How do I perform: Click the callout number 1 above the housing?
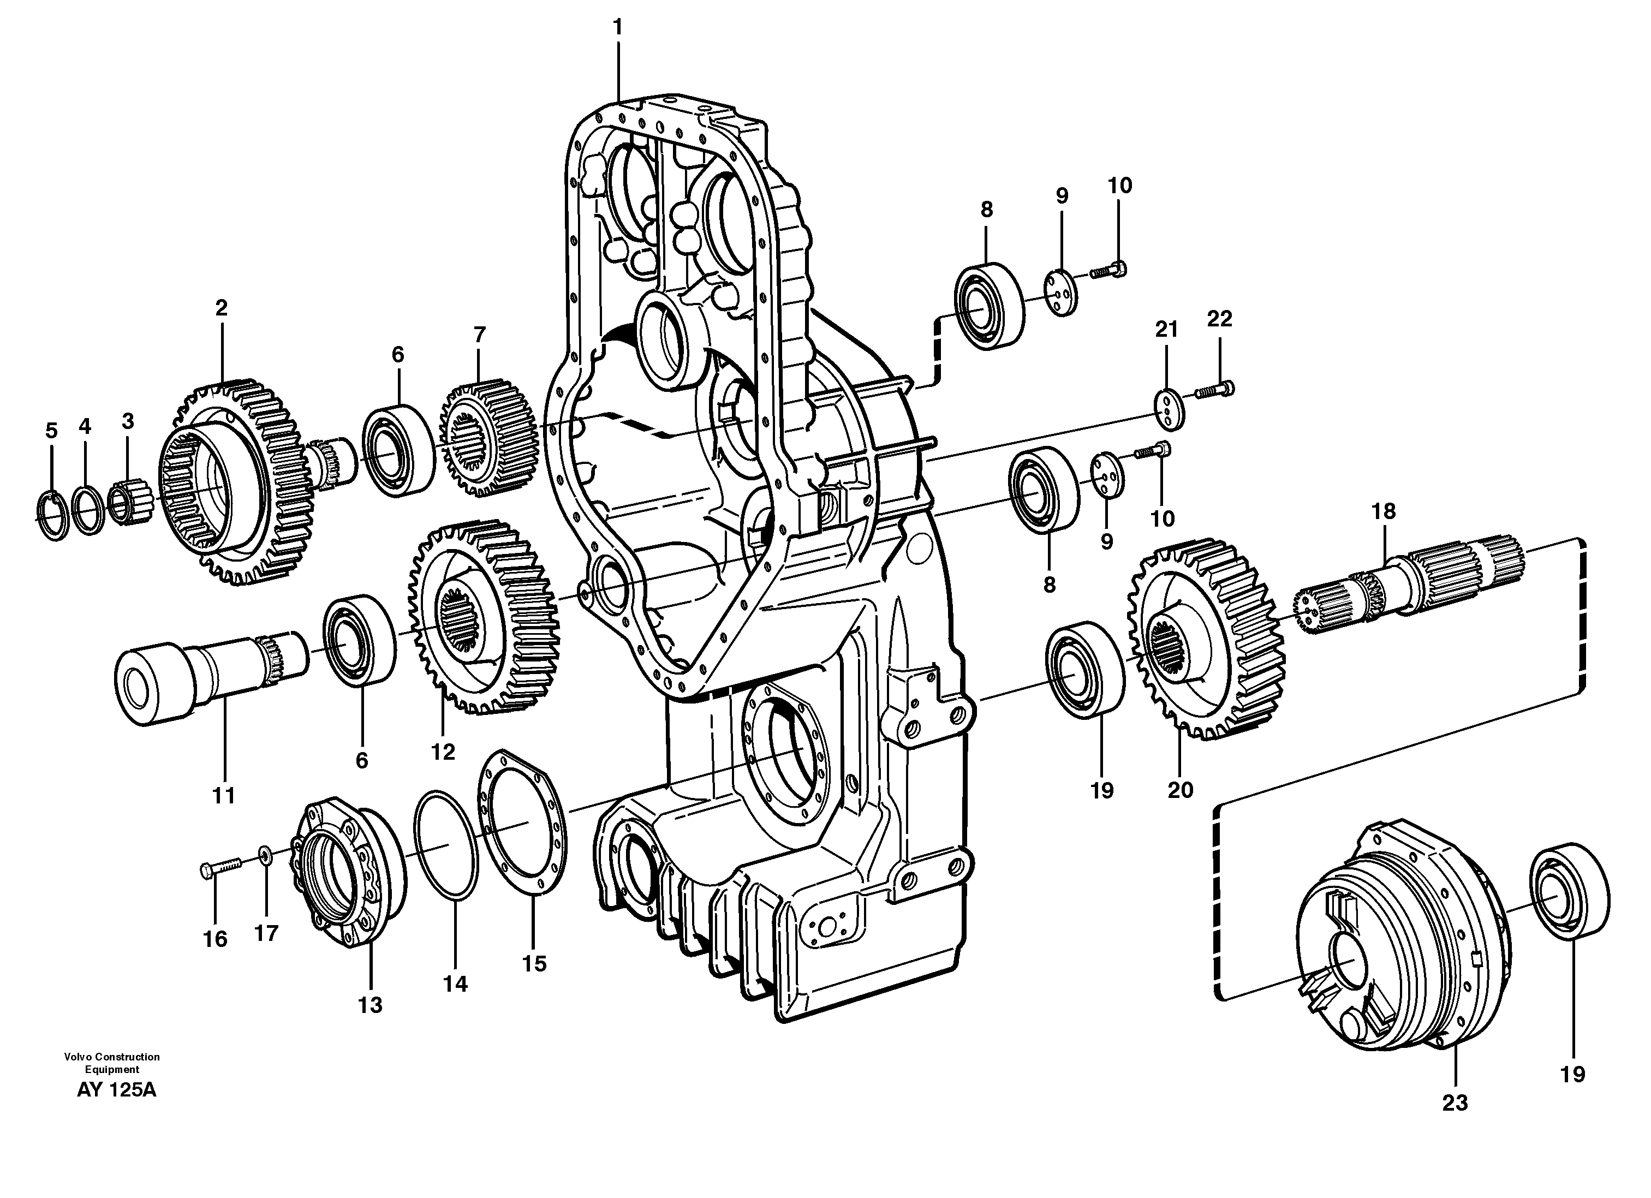[617, 28]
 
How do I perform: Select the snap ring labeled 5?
[52, 514]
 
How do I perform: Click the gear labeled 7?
[486, 438]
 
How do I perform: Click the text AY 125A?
[116, 1090]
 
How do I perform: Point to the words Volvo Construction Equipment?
[111, 1063]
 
